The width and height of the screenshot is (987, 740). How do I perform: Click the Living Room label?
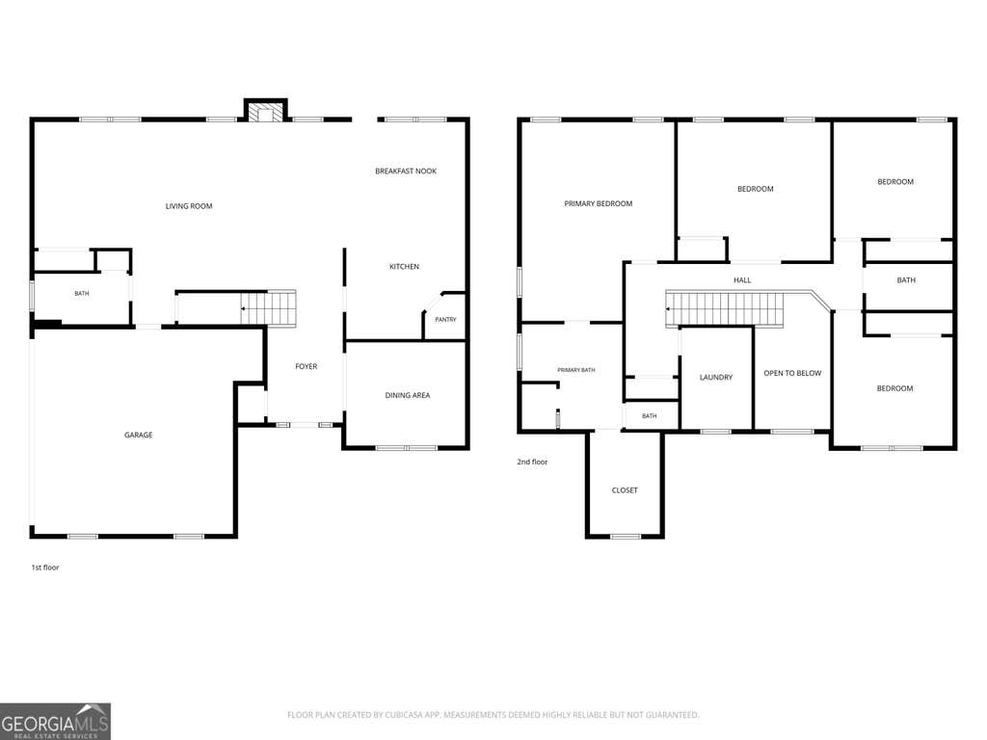tap(189, 206)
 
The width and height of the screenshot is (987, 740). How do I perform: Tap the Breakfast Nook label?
tap(406, 171)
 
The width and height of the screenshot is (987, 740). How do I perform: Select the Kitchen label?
tap(404, 266)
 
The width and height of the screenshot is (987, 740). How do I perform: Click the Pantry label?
tap(445, 320)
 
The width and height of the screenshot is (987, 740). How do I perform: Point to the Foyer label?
tap(306, 366)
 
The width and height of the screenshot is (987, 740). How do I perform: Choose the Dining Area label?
tap(408, 395)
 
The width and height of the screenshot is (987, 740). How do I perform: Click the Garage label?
tap(139, 435)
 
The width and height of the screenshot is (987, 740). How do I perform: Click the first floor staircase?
tap(269, 307)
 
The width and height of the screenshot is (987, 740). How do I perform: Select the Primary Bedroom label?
tap(598, 203)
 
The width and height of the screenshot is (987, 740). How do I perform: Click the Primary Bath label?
tap(576, 370)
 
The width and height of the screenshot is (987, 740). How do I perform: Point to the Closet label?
tap(625, 490)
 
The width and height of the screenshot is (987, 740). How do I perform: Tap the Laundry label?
tap(716, 377)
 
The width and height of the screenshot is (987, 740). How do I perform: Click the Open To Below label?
tap(792, 373)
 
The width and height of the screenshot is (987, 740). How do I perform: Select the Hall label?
tap(742, 280)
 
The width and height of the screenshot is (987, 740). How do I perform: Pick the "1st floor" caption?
tap(45, 567)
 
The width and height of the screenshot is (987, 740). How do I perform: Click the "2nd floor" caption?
tap(532, 462)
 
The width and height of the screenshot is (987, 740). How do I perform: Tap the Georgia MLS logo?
tap(55, 721)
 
